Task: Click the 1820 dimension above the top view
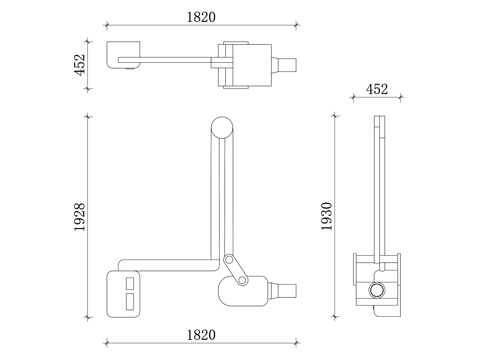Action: [201, 17]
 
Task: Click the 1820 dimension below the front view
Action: [201, 335]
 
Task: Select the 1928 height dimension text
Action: [80, 217]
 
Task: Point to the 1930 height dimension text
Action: [327, 216]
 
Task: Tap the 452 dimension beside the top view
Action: [80, 65]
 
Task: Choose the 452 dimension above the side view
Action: [377, 89]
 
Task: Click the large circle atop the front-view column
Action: [222, 127]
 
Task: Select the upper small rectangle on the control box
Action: [130, 283]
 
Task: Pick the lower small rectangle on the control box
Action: [130, 301]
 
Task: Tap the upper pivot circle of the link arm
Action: [229, 259]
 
